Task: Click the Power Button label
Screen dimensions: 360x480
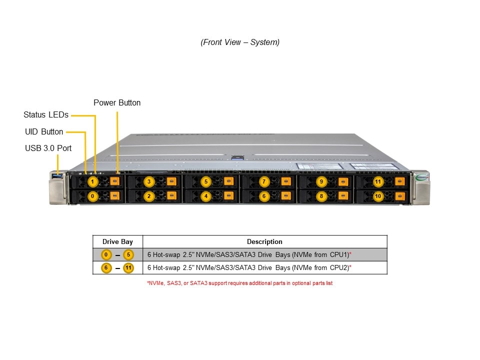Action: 117,103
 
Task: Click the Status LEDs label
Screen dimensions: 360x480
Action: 46,115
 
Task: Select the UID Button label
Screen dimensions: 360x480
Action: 44,132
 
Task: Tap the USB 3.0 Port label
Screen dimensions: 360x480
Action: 48,148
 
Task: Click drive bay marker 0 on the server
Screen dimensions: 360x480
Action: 92,196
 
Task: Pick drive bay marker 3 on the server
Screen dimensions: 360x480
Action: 149,181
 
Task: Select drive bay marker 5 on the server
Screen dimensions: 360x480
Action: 206,181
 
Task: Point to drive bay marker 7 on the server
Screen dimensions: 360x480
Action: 264,181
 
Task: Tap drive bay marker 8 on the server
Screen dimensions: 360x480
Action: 321,196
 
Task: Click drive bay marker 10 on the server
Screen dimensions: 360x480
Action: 378,196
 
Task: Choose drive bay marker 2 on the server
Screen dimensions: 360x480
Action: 149,196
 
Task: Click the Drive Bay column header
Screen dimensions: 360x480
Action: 117,241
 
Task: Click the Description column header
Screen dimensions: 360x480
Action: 264,241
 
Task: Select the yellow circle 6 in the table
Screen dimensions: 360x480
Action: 106,268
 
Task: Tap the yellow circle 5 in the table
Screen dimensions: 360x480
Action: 128,254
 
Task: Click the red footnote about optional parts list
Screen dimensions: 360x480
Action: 239,283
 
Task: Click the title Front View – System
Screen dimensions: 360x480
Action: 240,42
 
